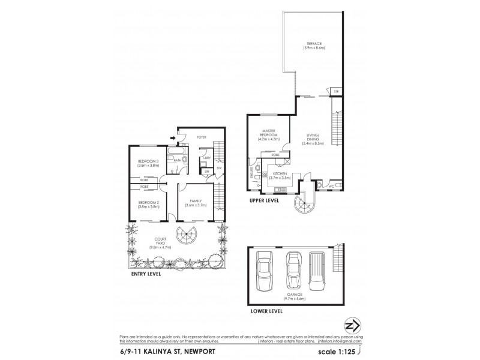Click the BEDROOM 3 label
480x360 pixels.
pos(148,163)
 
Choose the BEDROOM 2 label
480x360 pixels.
pos(148,204)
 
